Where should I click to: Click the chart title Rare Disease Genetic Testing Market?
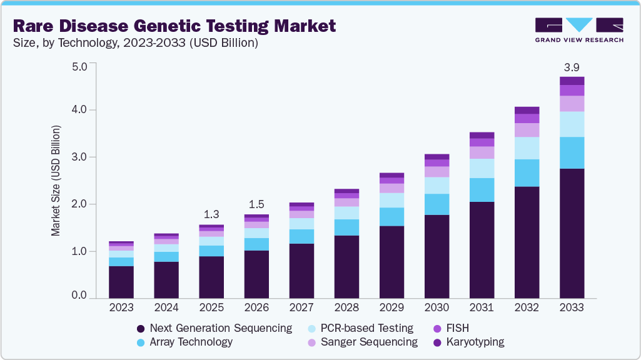pos(174,26)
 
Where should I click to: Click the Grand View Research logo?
pos(578,29)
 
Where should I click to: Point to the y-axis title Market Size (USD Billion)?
pos(56,181)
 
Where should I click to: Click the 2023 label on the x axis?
pos(121,307)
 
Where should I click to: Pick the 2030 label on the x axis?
pos(437,307)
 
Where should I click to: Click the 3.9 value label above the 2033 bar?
pos(572,67)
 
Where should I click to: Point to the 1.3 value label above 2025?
pos(211,215)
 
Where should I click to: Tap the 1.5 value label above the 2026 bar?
pos(256,205)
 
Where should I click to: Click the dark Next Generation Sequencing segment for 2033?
pos(572,232)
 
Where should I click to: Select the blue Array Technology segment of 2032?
pos(527,172)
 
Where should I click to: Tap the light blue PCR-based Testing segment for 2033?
pos(572,124)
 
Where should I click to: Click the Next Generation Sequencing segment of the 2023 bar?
pos(121,281)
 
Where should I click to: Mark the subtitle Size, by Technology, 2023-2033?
pos(135,44)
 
